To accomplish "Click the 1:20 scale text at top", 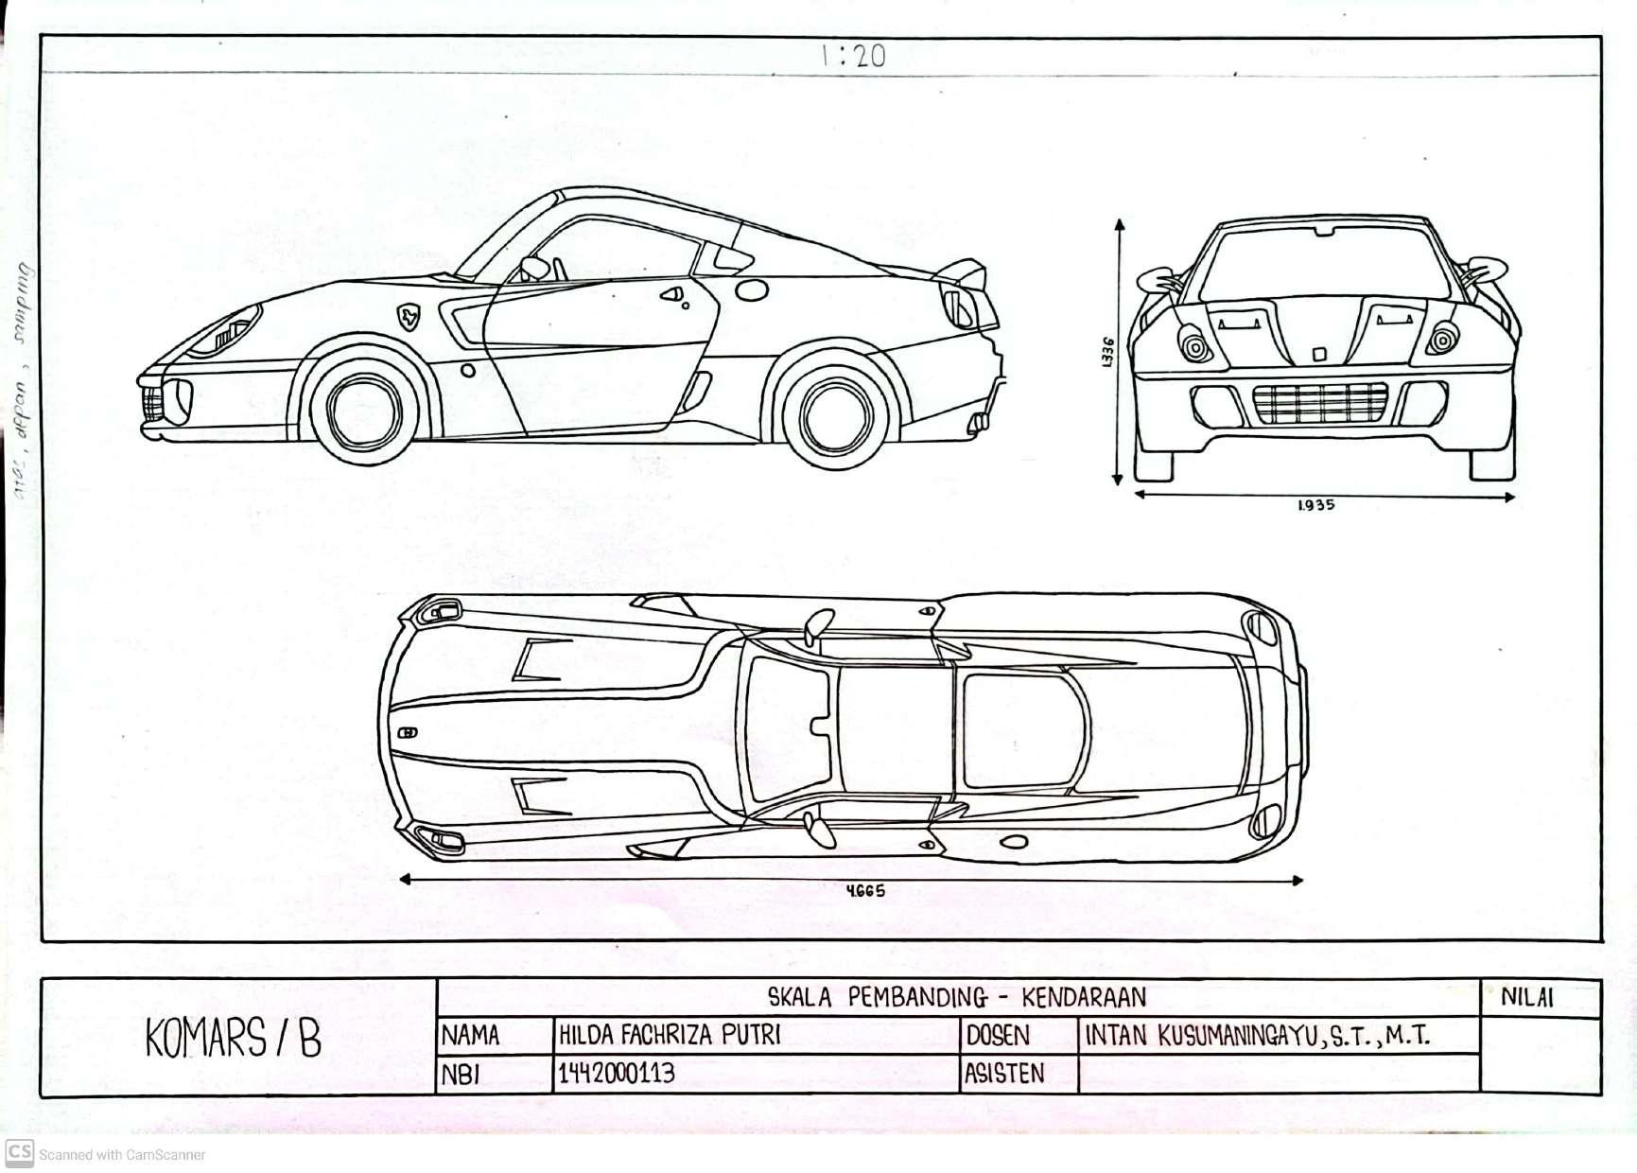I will click(x=853, y=56).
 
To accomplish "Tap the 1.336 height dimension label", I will click(x=1108, y=352).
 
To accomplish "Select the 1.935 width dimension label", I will click(x=1315, y=505).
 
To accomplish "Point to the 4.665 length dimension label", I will click(x=865, y=890).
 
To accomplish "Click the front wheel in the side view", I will click(x=364, y=410).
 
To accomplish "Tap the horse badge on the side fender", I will click(x=408, y=316).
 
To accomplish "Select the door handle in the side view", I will click(x=673, y=295).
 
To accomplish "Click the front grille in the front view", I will click(x=1320, y=404).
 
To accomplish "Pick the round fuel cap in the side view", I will click(x=752, y=289).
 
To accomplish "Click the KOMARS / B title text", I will click(x=234, y=1039).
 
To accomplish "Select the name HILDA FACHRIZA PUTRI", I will click(x=670, y=1035).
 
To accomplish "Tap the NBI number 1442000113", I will click(x=617, y=1074).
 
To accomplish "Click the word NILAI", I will click(x=1526, y=997).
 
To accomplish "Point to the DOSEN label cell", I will click(x=998, y=1036).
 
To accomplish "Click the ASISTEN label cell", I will click(x=1003, y=1074).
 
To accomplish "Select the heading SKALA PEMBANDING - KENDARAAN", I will click(x=956, y=997).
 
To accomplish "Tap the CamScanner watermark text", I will click(x=122, y=1154).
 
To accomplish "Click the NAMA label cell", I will click(x=470, y=1036).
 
